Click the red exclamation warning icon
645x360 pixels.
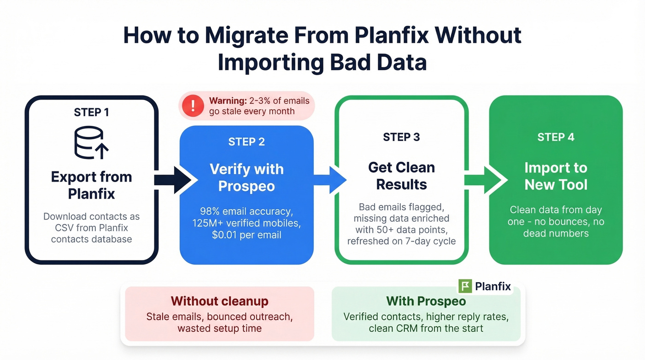click(x=193, y=106)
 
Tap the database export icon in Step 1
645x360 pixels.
click(x=91, y=143)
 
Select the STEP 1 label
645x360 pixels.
click(x=91, y=112)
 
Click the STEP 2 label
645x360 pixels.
click(x=246, y=142)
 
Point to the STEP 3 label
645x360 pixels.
click(x=401, y=137)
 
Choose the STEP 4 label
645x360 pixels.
click(x=556, y=137)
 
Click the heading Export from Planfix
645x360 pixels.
click(x=91, y=185)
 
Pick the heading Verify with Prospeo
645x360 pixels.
click(x=246, y=177)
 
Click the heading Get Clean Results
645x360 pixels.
click(x=401, y=176)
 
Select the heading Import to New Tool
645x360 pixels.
click(x=556, y=176)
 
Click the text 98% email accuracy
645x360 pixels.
click(x=246, y=212)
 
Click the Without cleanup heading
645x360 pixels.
click(x=219, y=301)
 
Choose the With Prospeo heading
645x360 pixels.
click(x=426, y=301)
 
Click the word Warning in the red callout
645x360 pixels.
click(x=227, y=100)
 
